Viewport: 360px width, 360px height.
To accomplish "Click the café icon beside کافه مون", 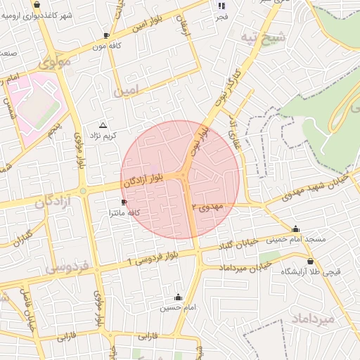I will pos(106,34).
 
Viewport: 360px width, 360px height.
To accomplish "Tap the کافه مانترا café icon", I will pos(124,202).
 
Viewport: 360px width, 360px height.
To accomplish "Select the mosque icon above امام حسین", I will pos(177,297).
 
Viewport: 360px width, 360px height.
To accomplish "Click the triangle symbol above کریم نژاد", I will pos(104,124).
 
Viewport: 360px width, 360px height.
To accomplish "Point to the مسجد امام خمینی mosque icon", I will pos(295,229).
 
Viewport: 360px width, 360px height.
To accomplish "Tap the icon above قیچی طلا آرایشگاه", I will pos(310,261).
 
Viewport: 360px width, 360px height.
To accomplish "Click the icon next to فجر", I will pos(222,6).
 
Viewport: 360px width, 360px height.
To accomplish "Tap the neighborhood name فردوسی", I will pos(66,268).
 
